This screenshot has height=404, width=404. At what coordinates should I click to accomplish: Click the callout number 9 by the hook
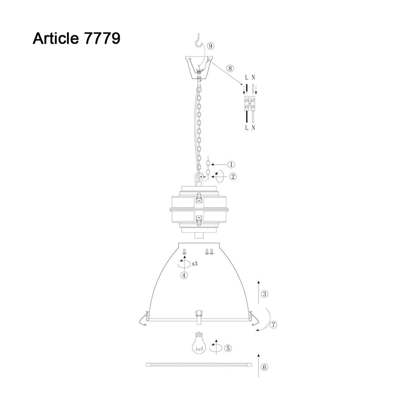[x=211, y=46]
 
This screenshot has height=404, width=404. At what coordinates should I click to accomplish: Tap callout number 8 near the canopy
[x=230, y=69]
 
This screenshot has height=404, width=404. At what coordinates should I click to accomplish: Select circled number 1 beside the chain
[x=231, y=164]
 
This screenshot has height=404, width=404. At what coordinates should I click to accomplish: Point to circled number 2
[x=233, y=177]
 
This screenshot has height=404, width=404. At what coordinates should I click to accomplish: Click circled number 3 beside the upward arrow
[x=265, y=294]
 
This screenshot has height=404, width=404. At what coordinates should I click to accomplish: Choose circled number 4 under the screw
[x=184, y=275]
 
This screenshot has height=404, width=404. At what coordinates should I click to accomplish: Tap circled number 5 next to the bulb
[x=228, y=348]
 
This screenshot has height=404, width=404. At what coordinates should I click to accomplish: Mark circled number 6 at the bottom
[x=265, y=367]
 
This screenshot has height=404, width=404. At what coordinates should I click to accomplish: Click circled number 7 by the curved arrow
[x=273, y=325]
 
